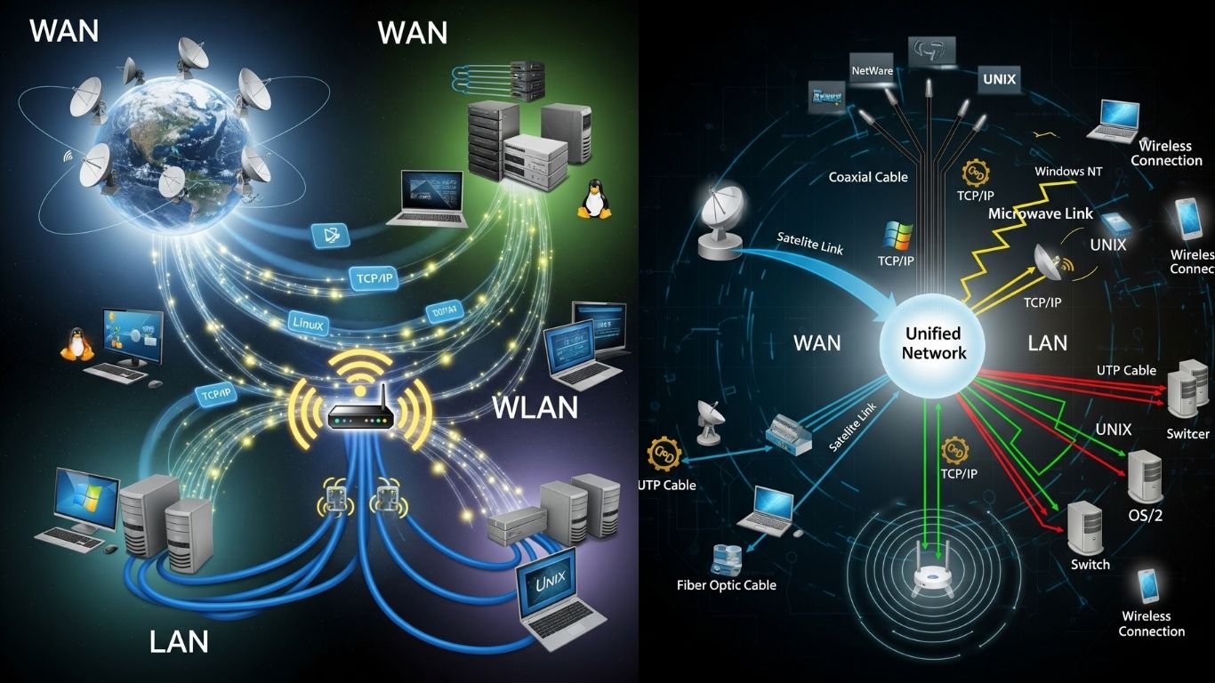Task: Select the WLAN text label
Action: pyautogui.click(x=535, y=407)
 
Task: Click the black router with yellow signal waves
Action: pyautogui.click(x=360, y=414)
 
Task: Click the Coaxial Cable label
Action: pyautogui.click(x=867, y=177)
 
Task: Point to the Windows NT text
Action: pyautogui.click(x=1068, y=171)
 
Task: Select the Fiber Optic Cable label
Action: pyautogui.click(x=726, y=585)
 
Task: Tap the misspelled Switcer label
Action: pyautogui.click(x=1187, y=434)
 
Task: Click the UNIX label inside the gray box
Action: pyautogui.click(x=999, y=79)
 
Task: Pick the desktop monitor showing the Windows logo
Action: pyautogui.click(x=85, y=499)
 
